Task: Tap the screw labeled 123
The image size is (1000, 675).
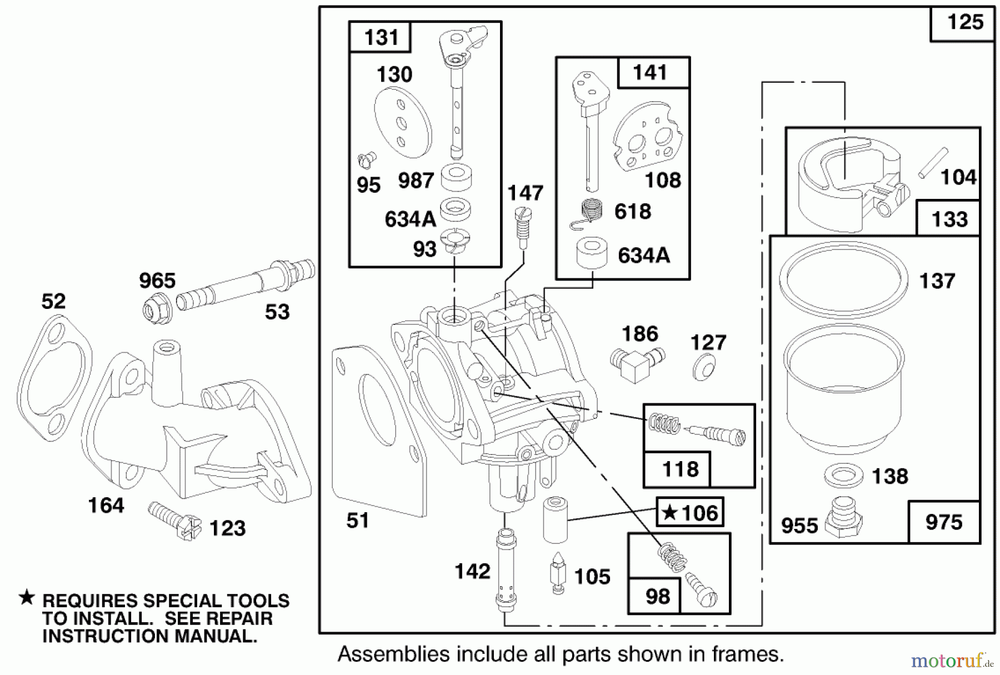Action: [x=175, y=520]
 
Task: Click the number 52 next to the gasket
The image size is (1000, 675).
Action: [x=53, y=302]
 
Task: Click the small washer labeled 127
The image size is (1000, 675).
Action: [x=704, y=367]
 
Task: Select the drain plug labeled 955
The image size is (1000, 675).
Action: [x=843, y=517]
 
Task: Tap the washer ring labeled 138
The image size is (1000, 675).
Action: [x=843, y=475]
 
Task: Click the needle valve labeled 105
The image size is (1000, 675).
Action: [x=557, y=572]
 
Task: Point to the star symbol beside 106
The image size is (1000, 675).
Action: [x=669, y=512]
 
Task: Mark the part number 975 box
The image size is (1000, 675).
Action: [x=943, y=522]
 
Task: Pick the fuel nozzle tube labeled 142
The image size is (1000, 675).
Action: [x=505, y=569]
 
